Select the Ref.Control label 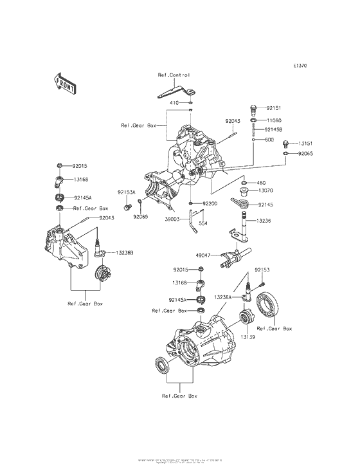click(x=174, y=75)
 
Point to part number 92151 click(x=274, y=109)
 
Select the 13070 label click(x=266, y=191)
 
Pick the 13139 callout click(x=248, y=336)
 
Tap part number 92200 click(x=211, y=203)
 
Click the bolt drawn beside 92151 click(x=253, y=107)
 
